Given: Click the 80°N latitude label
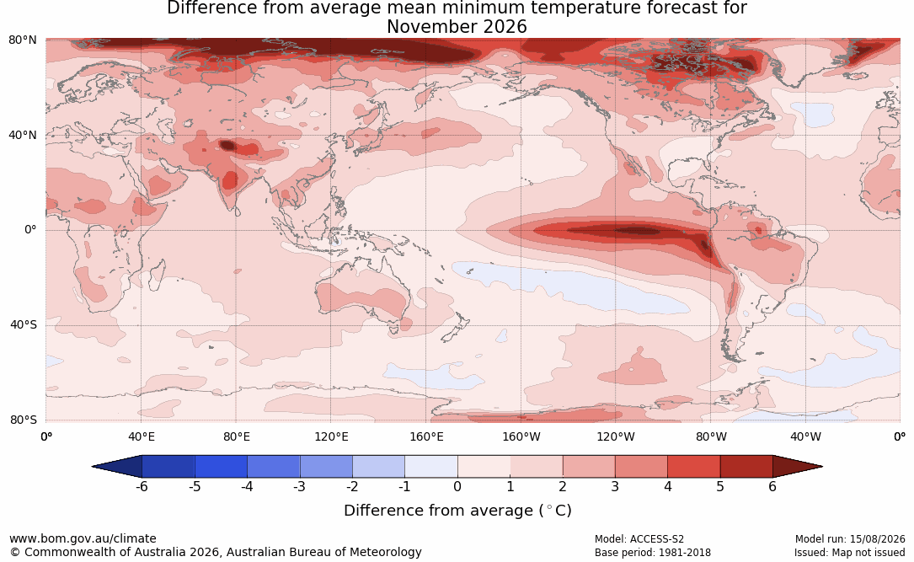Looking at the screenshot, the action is point(22,40).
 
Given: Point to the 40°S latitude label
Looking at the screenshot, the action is point(24,324).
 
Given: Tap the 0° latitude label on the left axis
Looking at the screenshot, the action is point(31,230).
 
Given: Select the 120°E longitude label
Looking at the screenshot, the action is point(331,436).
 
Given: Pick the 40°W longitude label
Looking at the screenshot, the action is point(806,436).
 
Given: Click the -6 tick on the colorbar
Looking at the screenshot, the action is point(142,486).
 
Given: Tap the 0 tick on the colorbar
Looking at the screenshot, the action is point(457,486).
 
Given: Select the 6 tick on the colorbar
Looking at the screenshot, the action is point(772,486).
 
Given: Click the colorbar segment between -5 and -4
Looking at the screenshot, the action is point(221,467).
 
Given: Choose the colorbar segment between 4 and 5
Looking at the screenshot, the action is point(693,467).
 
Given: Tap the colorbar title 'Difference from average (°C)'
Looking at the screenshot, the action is point(457,511).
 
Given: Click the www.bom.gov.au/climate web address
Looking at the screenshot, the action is point(83,538).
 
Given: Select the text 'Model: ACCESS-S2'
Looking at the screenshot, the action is point(639,539).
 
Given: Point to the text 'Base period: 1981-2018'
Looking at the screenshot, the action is point(653,553).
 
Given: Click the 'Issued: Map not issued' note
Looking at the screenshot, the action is point(850,553).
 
